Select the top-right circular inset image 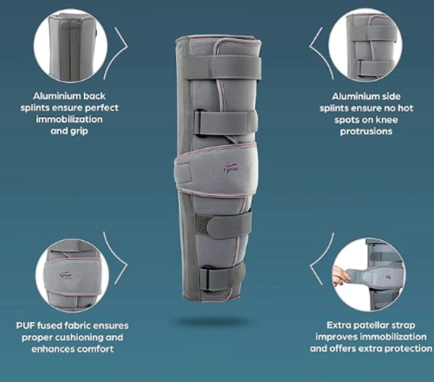(365, 46)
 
